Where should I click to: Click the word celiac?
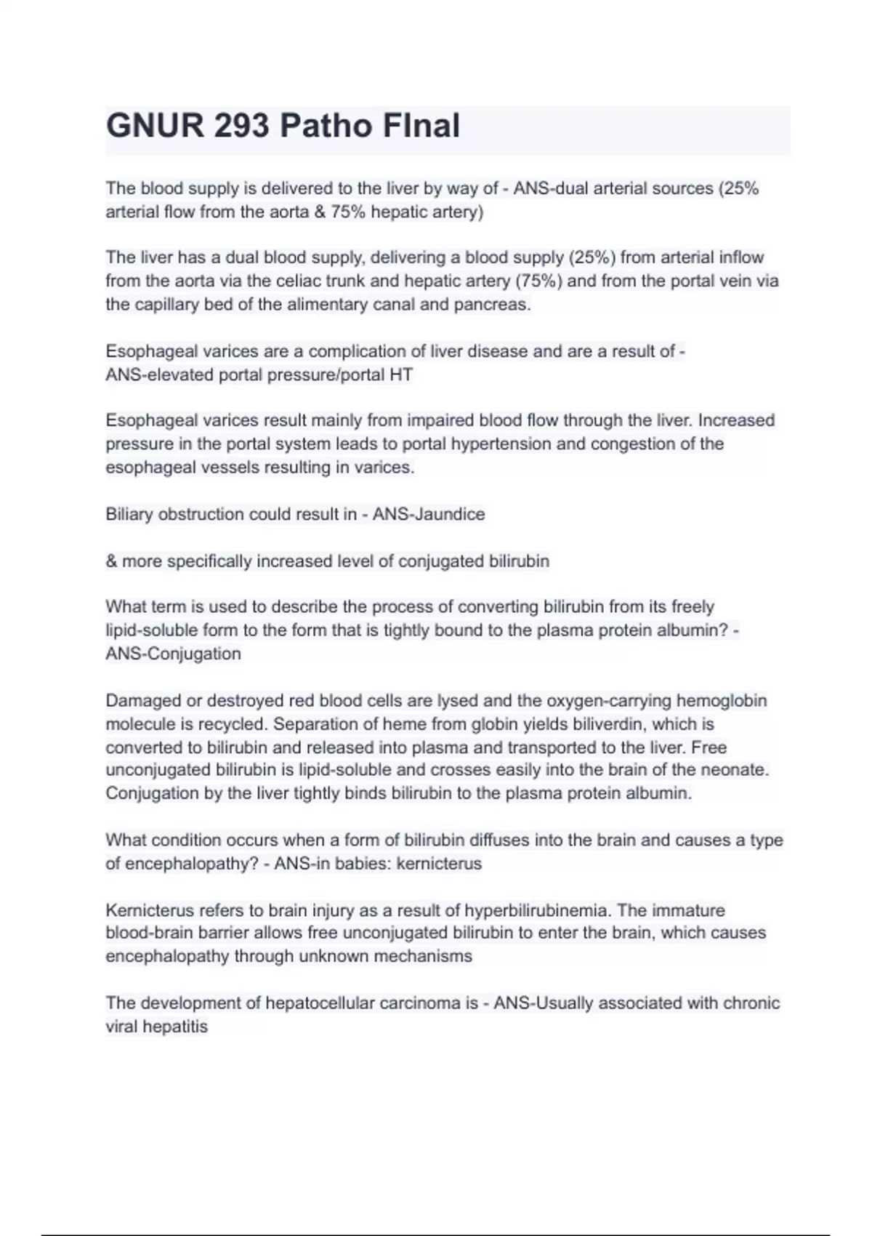302,281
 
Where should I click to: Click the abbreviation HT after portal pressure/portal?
401,375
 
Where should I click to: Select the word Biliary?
129,514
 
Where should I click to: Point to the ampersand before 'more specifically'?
111,561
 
